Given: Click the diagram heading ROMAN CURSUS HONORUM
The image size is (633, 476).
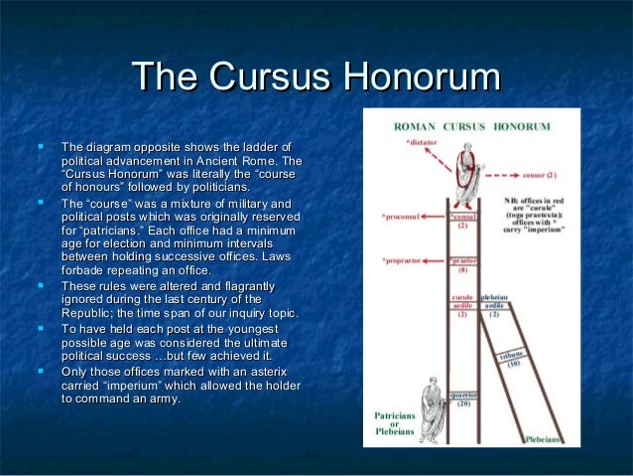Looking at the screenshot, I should [x=479, y=128].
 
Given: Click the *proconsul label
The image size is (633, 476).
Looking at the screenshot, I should [x=403, y=215].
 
